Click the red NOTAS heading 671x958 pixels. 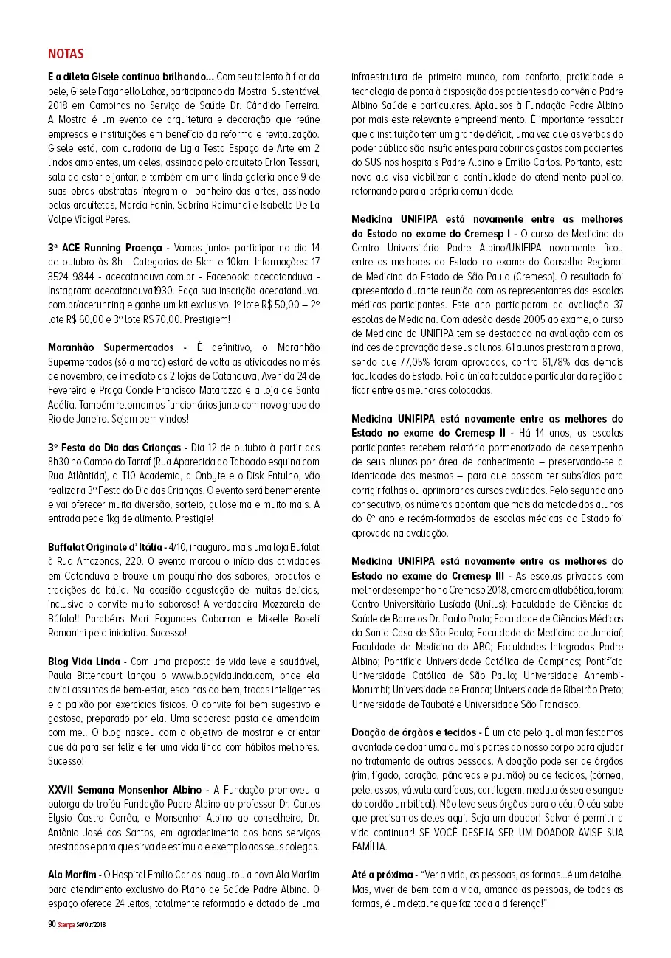[x=66, y=54]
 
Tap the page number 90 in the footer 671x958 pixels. [x=52, y=923]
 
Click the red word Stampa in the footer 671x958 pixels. [x=66, y=924]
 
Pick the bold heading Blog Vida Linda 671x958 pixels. [x=84, y=661]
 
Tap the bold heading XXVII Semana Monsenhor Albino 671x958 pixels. [x=125, y=790]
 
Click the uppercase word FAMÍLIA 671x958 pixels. [x=369, y=847]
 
